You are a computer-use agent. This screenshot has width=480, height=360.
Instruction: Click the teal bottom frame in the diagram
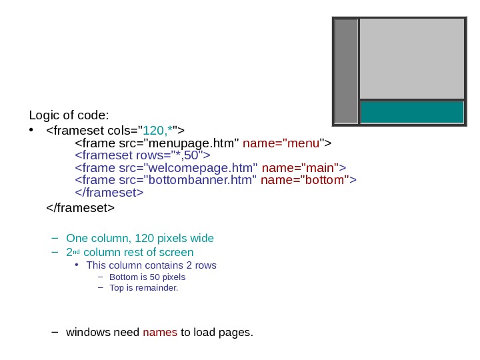coord(411,112)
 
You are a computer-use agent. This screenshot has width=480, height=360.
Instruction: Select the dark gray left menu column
coord(346,71)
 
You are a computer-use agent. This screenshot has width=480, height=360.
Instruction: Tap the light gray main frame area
coord(411,59)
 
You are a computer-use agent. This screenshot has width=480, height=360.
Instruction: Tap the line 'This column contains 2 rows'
coord(151,265)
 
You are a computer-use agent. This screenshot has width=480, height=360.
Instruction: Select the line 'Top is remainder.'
coord(143,288)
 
